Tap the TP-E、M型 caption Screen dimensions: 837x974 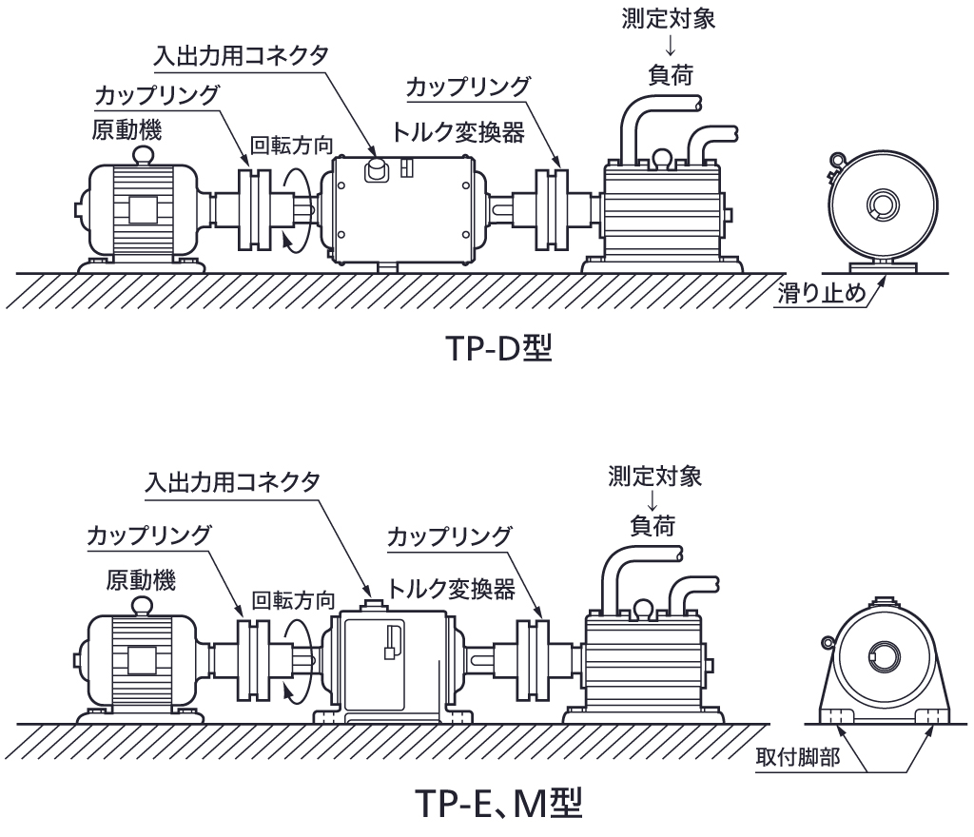click(x=497, y=805)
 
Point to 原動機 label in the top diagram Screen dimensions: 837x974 click(x=127, y=127)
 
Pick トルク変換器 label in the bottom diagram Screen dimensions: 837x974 click(x=451, y=590)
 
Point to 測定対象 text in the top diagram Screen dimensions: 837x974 click(x=665, y=17)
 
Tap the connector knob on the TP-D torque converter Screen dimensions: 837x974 click(x=377, y=168)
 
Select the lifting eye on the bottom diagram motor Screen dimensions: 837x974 click(x=143, y=604)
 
